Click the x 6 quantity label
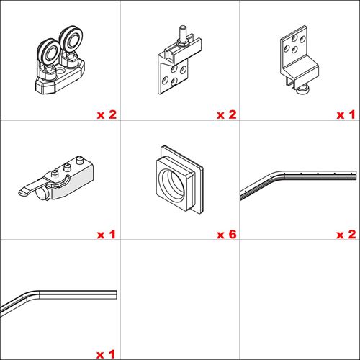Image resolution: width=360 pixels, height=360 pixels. click(x=227, y=234)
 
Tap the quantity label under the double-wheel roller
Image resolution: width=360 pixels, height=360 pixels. click(x=107, y=114)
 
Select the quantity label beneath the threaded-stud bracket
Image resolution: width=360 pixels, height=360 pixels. click(x=227, y=114)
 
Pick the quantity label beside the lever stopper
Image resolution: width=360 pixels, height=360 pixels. click(x=107, y=234)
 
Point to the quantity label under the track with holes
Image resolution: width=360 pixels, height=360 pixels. click(x=346, y=234)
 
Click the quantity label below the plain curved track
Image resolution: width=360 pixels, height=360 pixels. click(x=106, y=354)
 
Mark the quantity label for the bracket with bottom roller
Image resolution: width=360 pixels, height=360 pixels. click(x=346, y=114)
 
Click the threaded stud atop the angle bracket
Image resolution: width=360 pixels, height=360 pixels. click(x=183, y=33)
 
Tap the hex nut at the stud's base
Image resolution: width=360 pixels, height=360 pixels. click(x=183, y=44)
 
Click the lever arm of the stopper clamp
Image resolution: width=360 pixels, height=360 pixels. click(x=31, y=188)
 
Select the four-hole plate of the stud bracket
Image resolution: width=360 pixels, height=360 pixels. click(x=174, y=77)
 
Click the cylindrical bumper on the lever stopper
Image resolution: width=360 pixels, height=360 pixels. click(x=41, y=194)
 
